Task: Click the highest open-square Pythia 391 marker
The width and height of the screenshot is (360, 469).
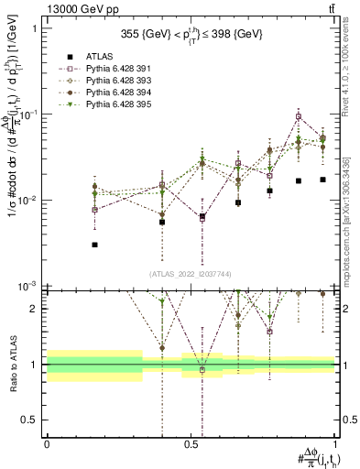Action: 299,116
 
